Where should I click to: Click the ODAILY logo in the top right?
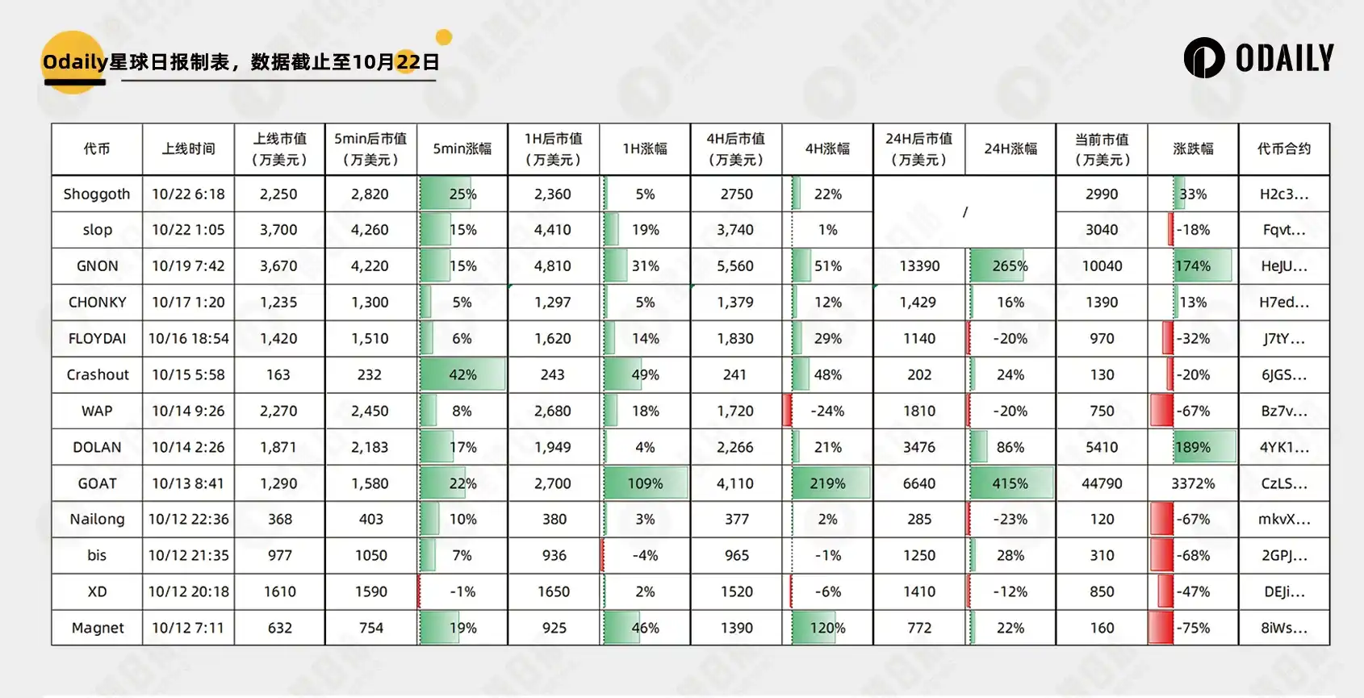(1258, 58)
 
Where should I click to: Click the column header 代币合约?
(1283, 148)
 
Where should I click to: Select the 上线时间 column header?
(188, 148)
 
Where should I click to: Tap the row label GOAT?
(97, 483)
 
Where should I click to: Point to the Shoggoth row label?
(97, 194)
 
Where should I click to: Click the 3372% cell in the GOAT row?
(1193, 483)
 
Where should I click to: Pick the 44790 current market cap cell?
(1102, 483)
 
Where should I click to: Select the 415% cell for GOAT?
(1010, 483)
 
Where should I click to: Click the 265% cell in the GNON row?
(1010, 265)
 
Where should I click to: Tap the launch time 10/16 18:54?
(188, 338)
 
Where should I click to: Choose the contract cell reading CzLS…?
(1283, 483)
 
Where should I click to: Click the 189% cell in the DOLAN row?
(1193, 447)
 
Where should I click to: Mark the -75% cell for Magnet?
(1193, 628)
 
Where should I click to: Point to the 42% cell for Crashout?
(462, 374)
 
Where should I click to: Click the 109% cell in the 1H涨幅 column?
(645, 483)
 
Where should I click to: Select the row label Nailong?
(97, 519)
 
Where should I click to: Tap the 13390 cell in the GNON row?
(919, 265)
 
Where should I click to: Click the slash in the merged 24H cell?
(964, 211)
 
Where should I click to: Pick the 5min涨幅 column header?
(462, 148)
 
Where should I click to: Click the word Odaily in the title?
(74, 62)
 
